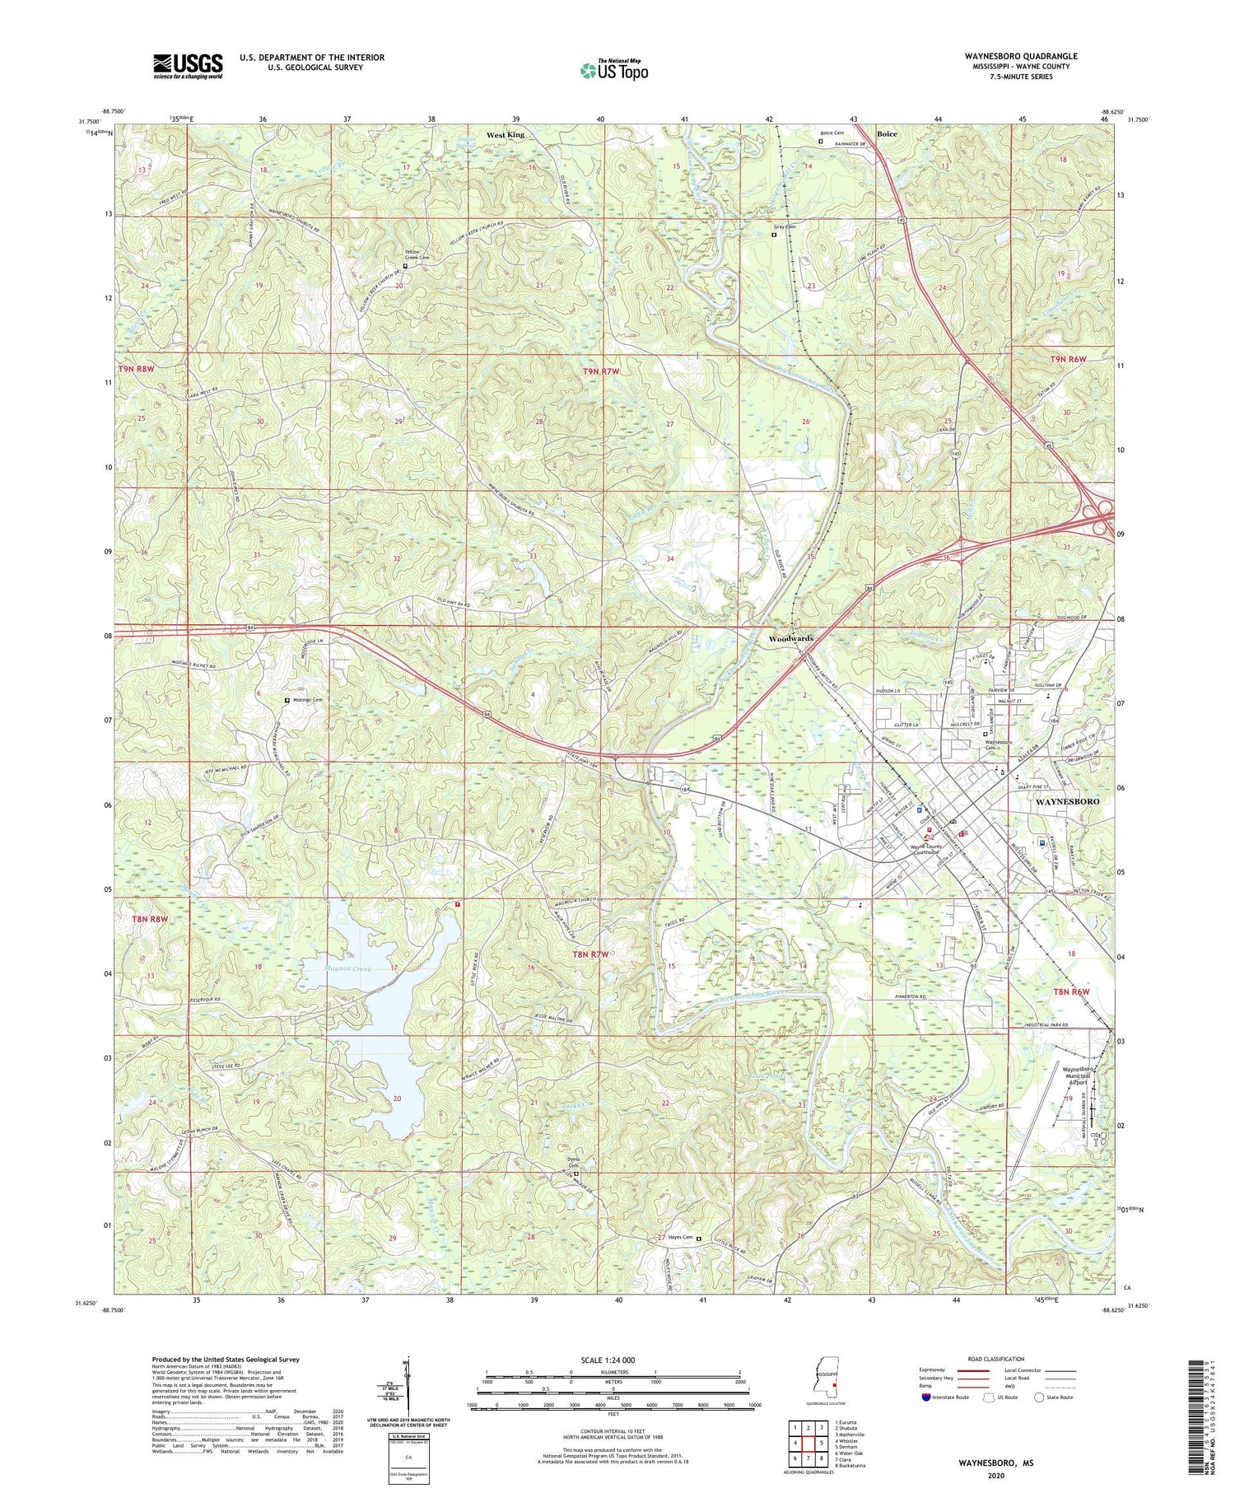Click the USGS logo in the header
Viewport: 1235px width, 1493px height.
[187, 66]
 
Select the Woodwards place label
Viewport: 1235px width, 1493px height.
[790, 638]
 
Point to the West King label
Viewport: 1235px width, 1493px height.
[505, 134]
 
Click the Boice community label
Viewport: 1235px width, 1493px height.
[887, 133]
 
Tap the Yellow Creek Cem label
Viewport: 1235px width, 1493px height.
[417, 254]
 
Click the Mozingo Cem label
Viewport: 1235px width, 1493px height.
[308, 699]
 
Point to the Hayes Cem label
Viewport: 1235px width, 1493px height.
[679, 1237]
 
